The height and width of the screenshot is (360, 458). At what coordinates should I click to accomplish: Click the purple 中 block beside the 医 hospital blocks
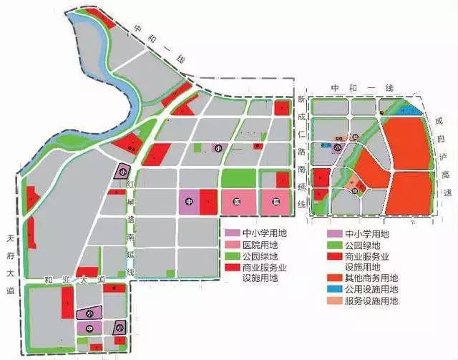coord(188,201)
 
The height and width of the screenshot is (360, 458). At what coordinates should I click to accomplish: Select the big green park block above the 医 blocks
coord(240,178)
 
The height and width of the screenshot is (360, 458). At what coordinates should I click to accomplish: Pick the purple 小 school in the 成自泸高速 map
coord(336,148)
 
